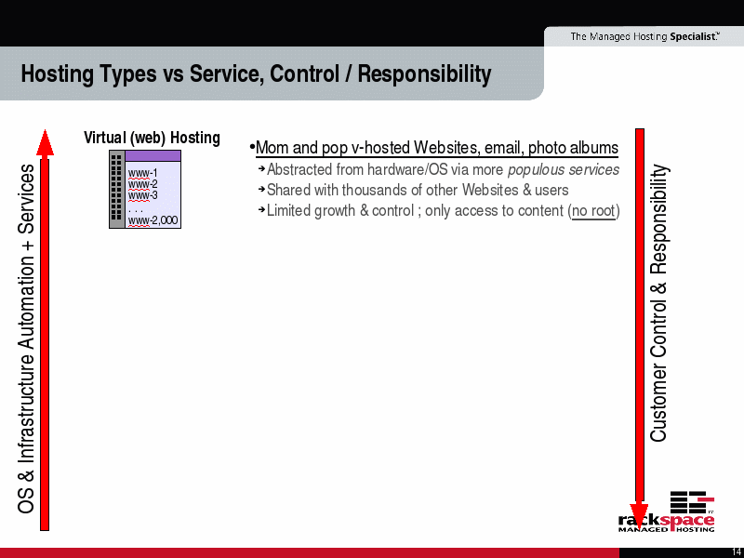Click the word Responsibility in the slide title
424,74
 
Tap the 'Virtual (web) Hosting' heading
152,138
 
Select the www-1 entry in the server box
142,173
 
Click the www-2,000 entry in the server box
153,220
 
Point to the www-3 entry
142,195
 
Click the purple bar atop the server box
153,155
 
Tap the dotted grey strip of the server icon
117,190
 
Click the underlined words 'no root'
593,211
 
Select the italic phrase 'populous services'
564,170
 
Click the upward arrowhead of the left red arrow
45,142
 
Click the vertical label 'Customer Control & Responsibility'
658,303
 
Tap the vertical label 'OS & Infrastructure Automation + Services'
26,339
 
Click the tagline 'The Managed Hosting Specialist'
644,36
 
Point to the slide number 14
737,552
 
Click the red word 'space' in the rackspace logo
688,520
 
